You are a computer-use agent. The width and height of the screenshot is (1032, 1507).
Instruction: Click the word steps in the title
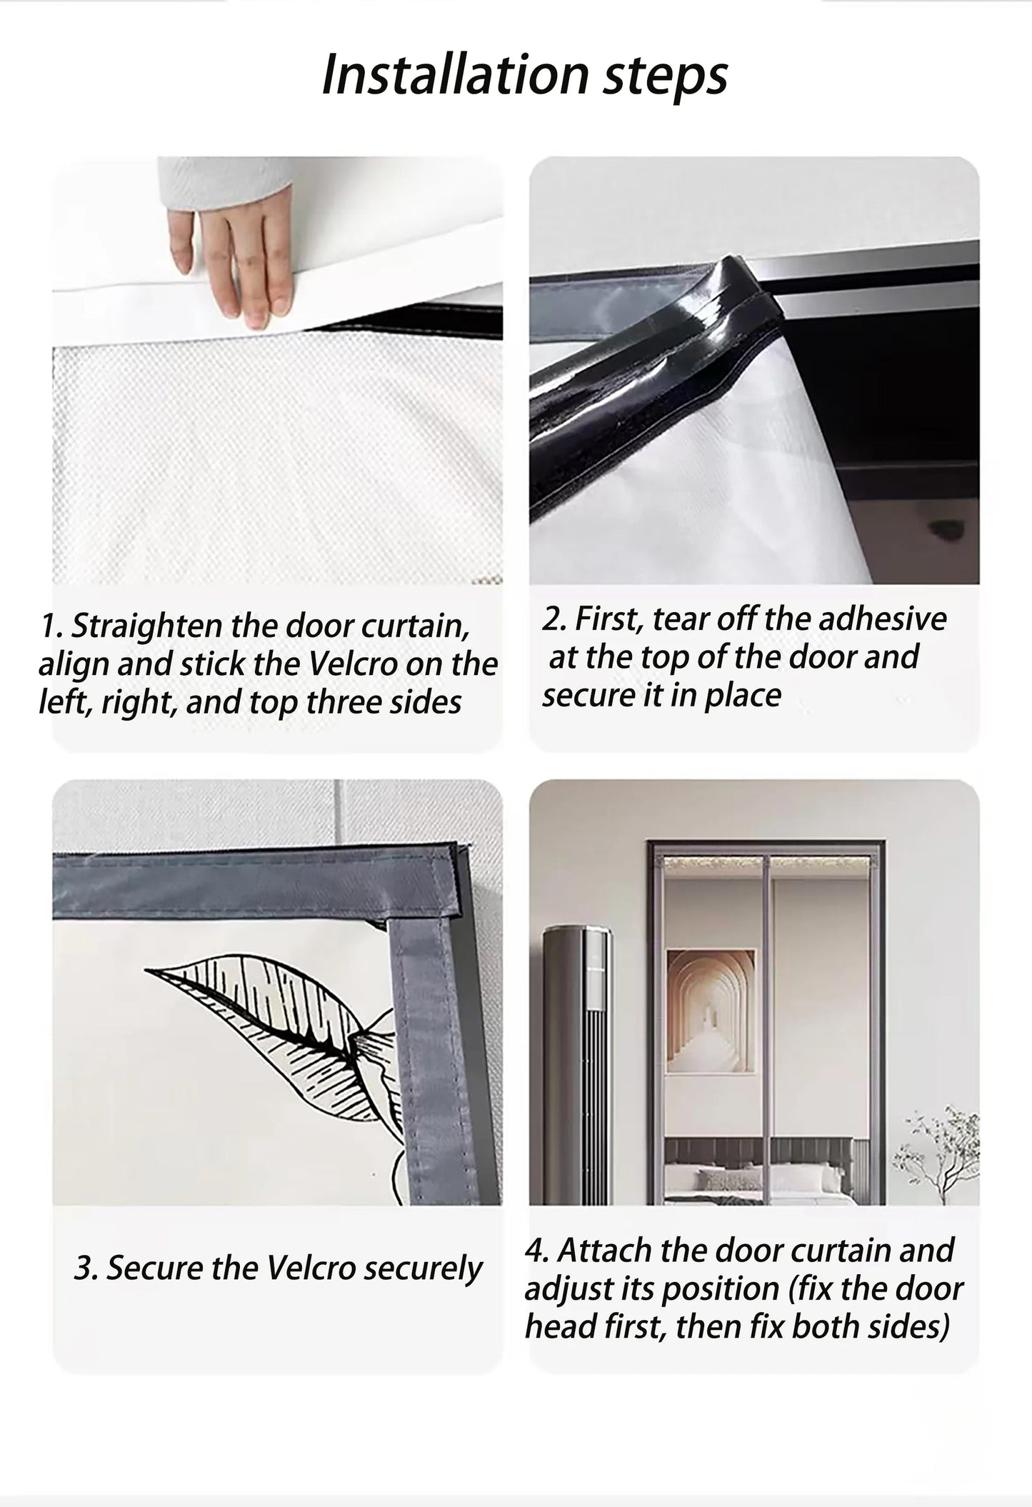pyautogui.click(x=665, y=77)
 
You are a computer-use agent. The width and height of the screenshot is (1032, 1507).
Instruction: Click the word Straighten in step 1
pyautogui.click(x=147, y=626)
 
